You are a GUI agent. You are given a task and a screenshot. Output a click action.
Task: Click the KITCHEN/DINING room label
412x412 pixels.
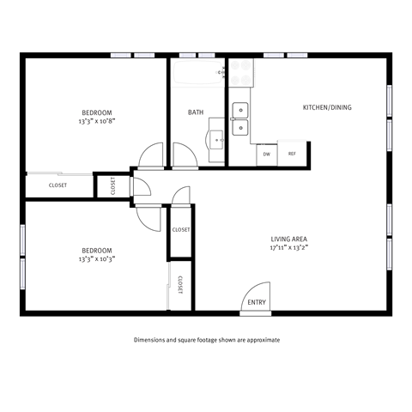tap(327, 107)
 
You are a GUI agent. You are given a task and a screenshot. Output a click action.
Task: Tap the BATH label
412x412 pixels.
tap(195, 112)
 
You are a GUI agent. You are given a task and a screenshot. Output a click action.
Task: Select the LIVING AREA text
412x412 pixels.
tap(288, 239)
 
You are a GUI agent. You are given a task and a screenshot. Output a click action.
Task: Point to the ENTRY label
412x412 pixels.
tap(257, 303)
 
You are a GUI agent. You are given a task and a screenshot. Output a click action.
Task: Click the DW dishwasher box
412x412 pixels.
tap(267, 154)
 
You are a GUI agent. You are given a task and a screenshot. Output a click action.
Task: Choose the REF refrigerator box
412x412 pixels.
tap(292, 154)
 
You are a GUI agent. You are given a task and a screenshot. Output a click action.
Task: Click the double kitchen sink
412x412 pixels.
tap(241, 118)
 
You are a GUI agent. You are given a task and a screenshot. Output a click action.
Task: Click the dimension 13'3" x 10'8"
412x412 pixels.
tap(97, 122)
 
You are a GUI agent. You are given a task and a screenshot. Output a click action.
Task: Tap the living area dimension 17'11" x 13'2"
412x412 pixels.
tap(288, 247)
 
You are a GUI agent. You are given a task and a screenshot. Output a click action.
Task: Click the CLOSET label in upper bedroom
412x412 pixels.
tap(58, 185)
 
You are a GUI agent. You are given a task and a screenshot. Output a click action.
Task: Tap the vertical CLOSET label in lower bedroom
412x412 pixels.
tap(180, 285)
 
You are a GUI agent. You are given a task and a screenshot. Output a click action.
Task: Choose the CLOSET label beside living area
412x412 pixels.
tap(181, 230)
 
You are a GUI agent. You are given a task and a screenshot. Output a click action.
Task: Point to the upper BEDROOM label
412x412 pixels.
tap(97, 112)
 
